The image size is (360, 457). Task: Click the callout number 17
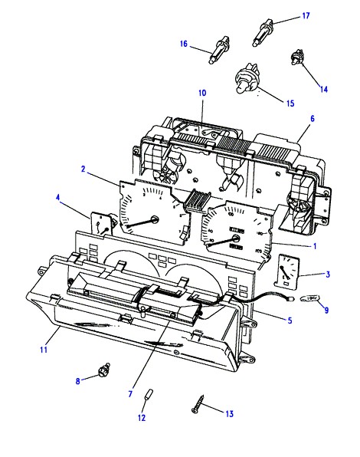click(306, 15)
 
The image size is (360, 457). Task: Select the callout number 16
click(184, 44)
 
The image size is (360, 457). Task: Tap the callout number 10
click(202, 93)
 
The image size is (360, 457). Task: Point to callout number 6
click(313, 118)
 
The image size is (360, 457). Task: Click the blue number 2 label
click(83, 169)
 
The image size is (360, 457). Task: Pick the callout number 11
click(44, 349)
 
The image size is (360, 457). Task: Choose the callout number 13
click(229, 413)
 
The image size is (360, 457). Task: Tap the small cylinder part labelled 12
click(149, 395)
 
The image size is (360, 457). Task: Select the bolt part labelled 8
click(104, 370)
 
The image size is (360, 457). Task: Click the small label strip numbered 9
click(309, 298)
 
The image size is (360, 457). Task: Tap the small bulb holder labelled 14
click(297, 57)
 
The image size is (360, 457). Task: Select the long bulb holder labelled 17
click(263, 32)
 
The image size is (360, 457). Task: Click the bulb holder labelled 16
click(219, 50)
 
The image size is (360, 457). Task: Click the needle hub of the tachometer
click(155, 219)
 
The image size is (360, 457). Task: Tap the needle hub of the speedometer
click(235, 238)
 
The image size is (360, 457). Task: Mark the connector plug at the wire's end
click(290, 298)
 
